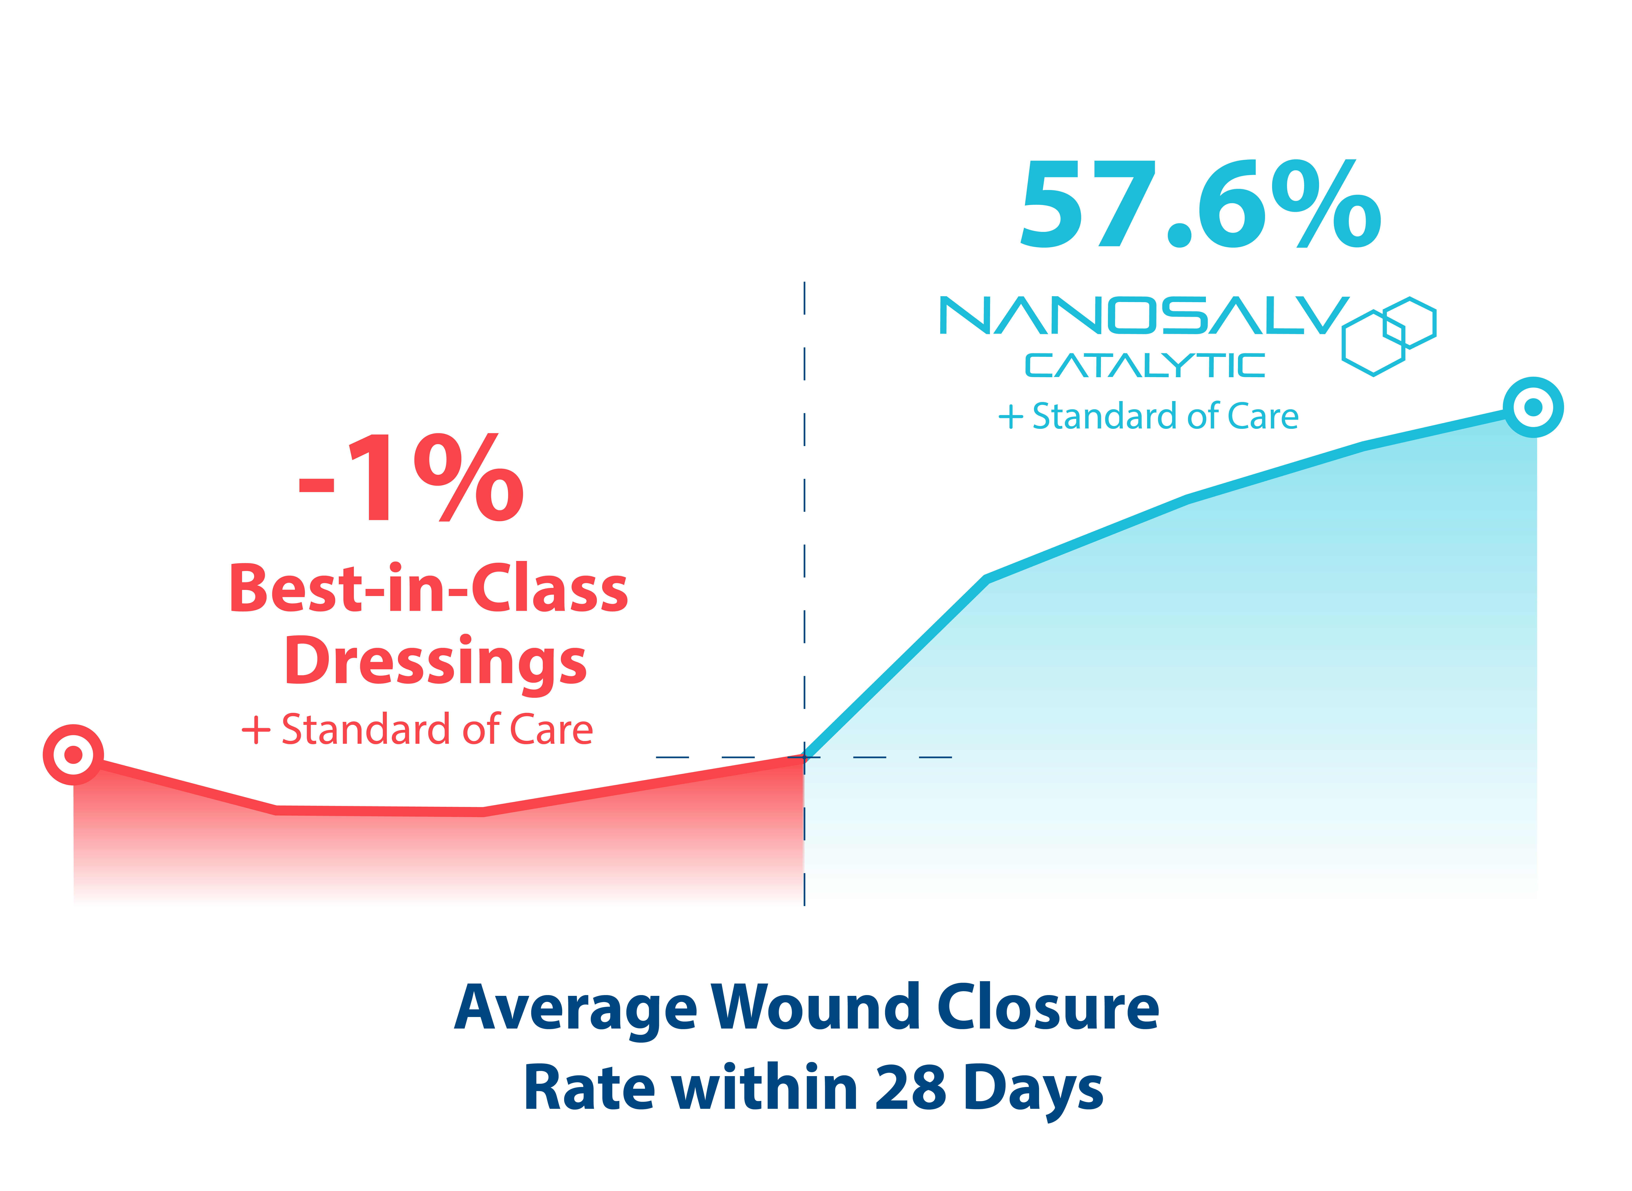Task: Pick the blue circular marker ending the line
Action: coord(1533,407)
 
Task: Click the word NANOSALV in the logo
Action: coord(1143,316)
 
